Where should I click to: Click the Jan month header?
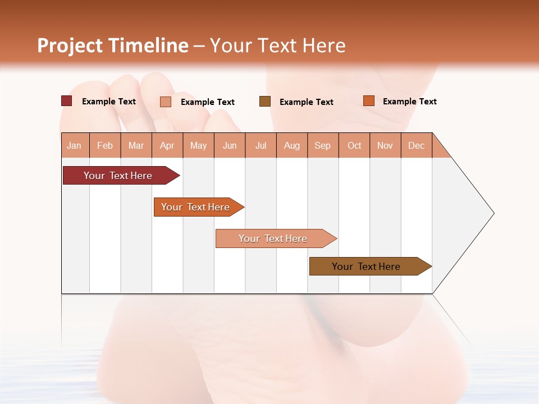pos(74,145)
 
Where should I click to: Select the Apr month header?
pos(167,145)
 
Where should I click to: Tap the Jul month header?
pos(261,145)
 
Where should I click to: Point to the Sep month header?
pos(322,145)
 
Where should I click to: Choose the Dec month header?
pos(416,145)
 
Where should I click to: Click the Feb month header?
pos(105,145)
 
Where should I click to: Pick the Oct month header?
pos(354,145)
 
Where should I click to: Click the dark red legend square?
pos(66,101)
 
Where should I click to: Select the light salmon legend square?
pos(166,102)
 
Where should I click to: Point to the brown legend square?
pos(265,101)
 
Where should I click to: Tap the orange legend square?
pos(368,101)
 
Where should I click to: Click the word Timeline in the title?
pos(148,45)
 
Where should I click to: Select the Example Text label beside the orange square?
pos(409,102)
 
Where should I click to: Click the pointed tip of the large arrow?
pos(492,213)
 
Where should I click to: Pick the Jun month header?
pos(230,145)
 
